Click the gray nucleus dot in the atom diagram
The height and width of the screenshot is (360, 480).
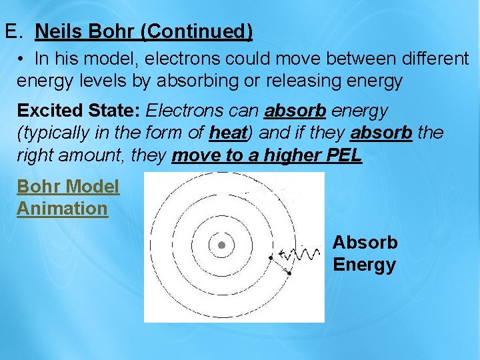click(221, 245)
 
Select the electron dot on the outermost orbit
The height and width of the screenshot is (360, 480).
click(289, 273)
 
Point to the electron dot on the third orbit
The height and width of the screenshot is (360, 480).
click(271, 257)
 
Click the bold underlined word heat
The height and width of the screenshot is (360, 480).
click(228, 133)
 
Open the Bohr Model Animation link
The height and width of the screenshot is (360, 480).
click(67, 197)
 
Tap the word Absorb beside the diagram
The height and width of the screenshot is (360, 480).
click(365, 242)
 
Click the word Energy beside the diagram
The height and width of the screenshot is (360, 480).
click(364, 265)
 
